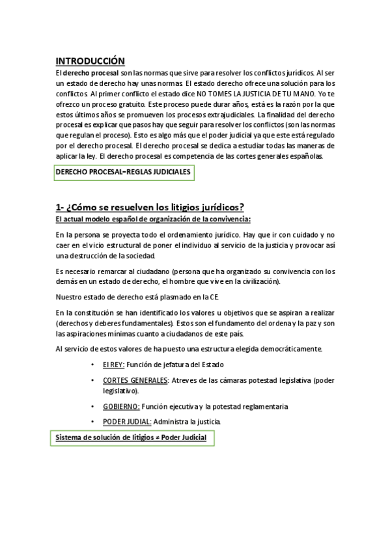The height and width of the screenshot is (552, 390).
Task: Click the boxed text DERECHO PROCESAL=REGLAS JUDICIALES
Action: (123, 172)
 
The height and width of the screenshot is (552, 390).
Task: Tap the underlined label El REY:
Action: (113, 364)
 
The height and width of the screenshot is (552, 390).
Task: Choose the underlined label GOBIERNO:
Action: (120, 406)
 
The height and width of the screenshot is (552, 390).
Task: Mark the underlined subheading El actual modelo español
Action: (153, 219)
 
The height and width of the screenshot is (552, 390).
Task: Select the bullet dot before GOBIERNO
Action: (96, 406)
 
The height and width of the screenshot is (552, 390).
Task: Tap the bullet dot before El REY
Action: (96, 364)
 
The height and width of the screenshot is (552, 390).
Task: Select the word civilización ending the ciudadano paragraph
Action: (255, 281)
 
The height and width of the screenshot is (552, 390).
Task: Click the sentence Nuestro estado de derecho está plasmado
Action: (137, 297)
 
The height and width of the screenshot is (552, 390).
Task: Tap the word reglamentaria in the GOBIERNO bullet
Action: (259, 406)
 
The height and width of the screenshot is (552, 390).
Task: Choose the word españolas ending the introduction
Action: (313, 156)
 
